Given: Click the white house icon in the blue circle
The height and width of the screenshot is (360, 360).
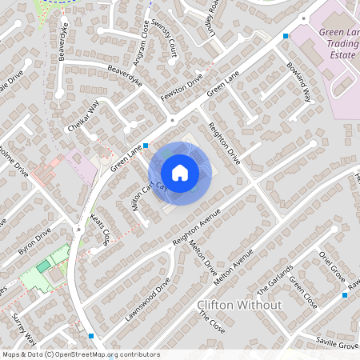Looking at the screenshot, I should click(179, 172).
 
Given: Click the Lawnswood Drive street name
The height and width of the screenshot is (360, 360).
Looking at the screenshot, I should click(148, 299).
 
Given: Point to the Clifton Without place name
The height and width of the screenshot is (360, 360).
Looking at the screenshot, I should click(239, 306).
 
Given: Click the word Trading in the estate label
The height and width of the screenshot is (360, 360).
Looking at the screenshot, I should click(341, 44).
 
